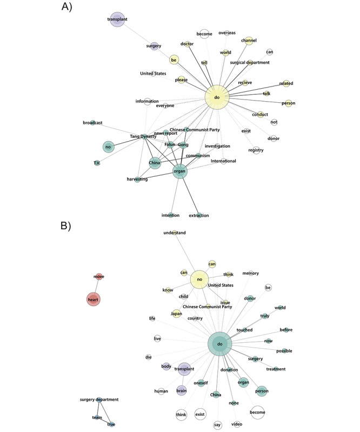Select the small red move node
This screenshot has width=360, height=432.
[x=99, y=277]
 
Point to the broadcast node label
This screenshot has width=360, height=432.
[x=93, y=123]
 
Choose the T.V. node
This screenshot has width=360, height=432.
[x=97, y=163]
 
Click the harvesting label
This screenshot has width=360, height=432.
[x=137, y=179]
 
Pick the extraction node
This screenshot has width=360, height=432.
[x=199, y=215]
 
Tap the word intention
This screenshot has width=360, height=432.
[x=170, y=215]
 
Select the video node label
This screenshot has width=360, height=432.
[x=237, y=424]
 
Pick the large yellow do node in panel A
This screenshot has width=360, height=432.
[x=217, y=98]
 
